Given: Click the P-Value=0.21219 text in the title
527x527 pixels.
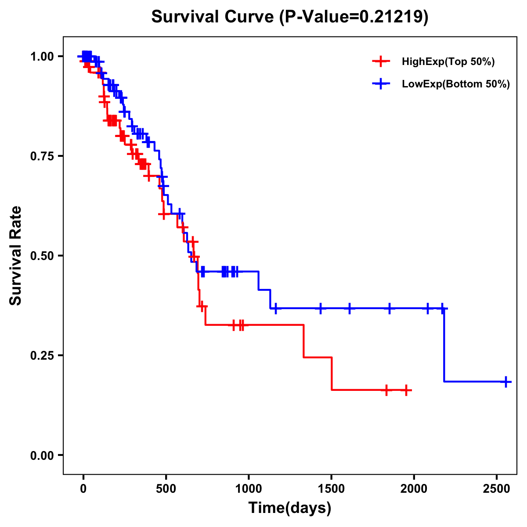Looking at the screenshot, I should [x=354, y=17].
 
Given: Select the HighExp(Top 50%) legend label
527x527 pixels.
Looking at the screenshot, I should [x=448, y=62].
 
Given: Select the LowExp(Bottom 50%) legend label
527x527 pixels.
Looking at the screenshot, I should [x=456, y=84].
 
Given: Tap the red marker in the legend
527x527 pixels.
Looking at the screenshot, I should [x=381, y=62].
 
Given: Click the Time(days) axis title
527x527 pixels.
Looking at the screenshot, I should [x=290, y=508].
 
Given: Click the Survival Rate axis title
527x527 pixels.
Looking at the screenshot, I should [x=16, y=256].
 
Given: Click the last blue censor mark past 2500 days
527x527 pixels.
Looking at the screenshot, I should [x=506, y=382].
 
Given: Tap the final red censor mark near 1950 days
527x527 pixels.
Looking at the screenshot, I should [x=407, y=390].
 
